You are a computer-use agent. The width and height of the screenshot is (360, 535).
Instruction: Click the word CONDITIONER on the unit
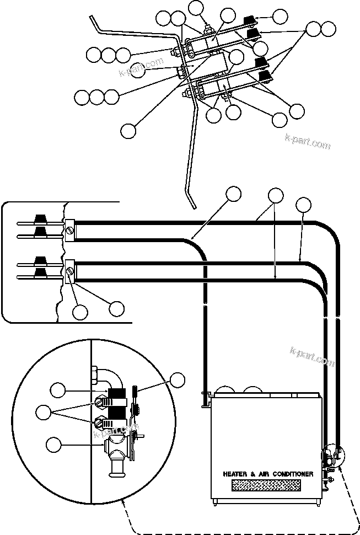(292, 474)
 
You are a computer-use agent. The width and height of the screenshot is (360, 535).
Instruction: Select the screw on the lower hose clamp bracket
(70, 271)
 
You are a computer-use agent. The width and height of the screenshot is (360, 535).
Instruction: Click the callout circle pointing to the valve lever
(177, 380)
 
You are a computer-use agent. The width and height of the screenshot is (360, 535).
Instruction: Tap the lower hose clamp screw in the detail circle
(101, 423)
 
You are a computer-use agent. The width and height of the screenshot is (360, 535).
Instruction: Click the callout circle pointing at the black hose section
(57, 390)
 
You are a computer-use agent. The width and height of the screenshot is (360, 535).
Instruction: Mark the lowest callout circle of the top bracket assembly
(128, 131)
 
